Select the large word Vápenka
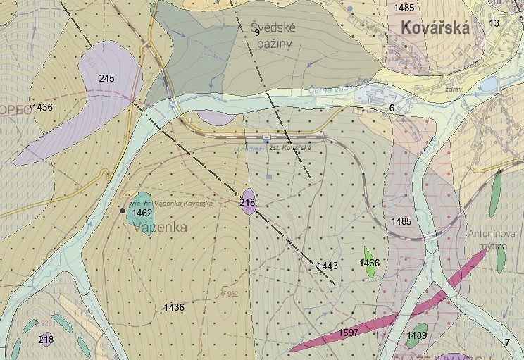160,228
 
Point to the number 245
107,77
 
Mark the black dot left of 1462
123,211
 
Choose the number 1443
327,266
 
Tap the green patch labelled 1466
368,260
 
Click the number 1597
349,332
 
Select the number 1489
417,335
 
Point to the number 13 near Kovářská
494,23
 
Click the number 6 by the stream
392,108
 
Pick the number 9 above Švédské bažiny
257,32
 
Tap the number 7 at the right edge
507,342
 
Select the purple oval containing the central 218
248,199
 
